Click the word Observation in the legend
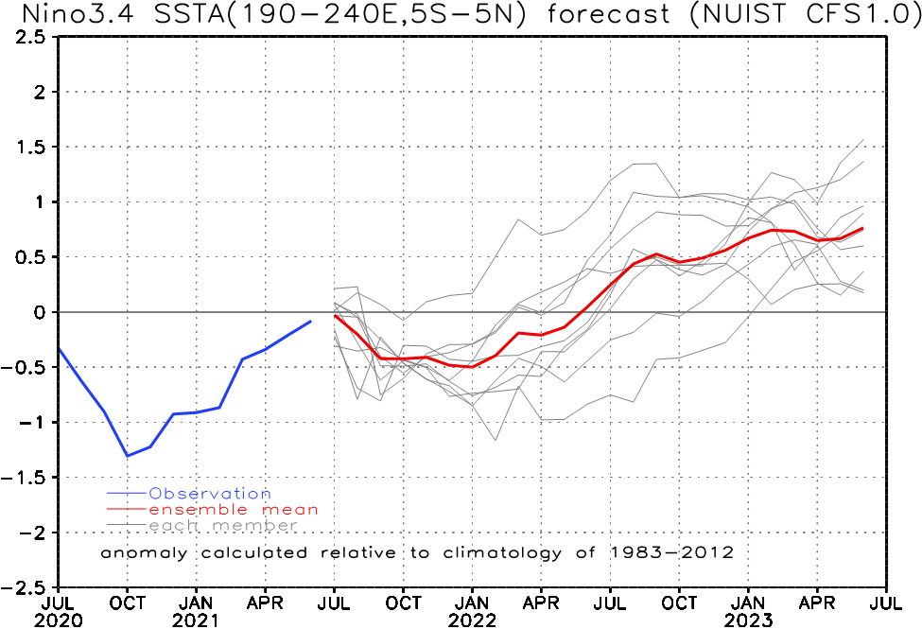tap(209, 494)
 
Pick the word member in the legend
tap(254, 526)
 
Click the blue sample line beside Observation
tap(128, 494)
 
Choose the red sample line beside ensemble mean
tap(128, 510)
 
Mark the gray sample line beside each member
tap(128, 526)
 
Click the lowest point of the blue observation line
tap(128, 456)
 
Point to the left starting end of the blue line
tap(59, 349)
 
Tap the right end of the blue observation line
tap(311, 322)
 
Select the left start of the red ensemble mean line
tap(335, 316)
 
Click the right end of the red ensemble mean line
tap(863, 228)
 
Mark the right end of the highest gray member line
tap(864, 140)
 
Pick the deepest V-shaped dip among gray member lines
tap(496, 440)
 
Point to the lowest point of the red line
tap(468, 366)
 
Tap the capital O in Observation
tap(155, 494)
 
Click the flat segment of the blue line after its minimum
tap(185, 413)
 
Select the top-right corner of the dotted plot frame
tap(886, 38)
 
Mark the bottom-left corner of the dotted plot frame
tap(59, 586)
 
